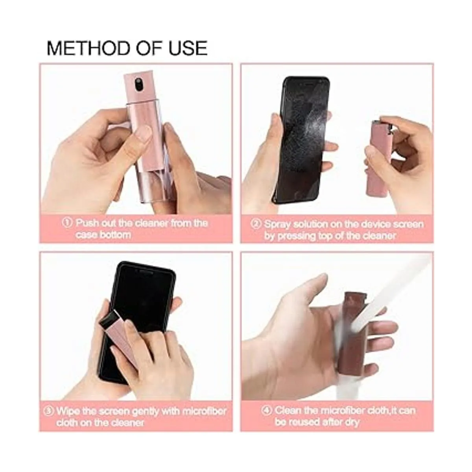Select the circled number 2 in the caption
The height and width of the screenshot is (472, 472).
(256, 224)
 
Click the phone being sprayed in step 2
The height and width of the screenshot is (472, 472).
(302, 140)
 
